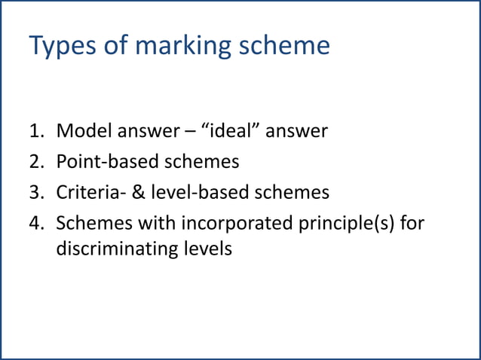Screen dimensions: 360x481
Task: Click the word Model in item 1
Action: (x=84, y=132)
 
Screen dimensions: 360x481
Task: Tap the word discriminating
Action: (x=118, y=248)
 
